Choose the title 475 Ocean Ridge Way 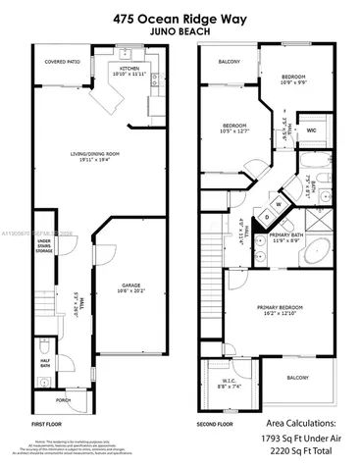[x=180, y=18]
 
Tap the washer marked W [x=277, y=205]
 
